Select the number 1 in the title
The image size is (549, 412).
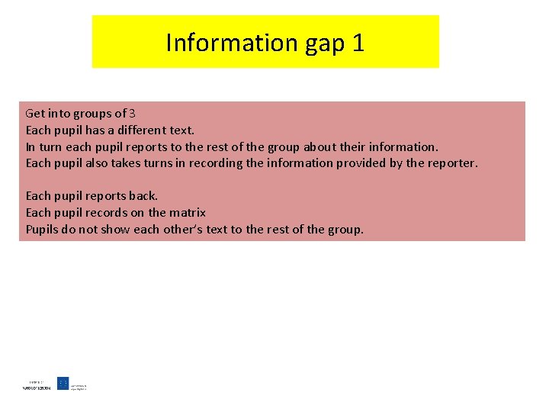coord(358,43)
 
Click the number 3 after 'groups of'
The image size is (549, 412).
coord(133,114)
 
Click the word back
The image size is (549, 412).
coord(143,195)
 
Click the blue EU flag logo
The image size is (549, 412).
coord(63,383)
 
